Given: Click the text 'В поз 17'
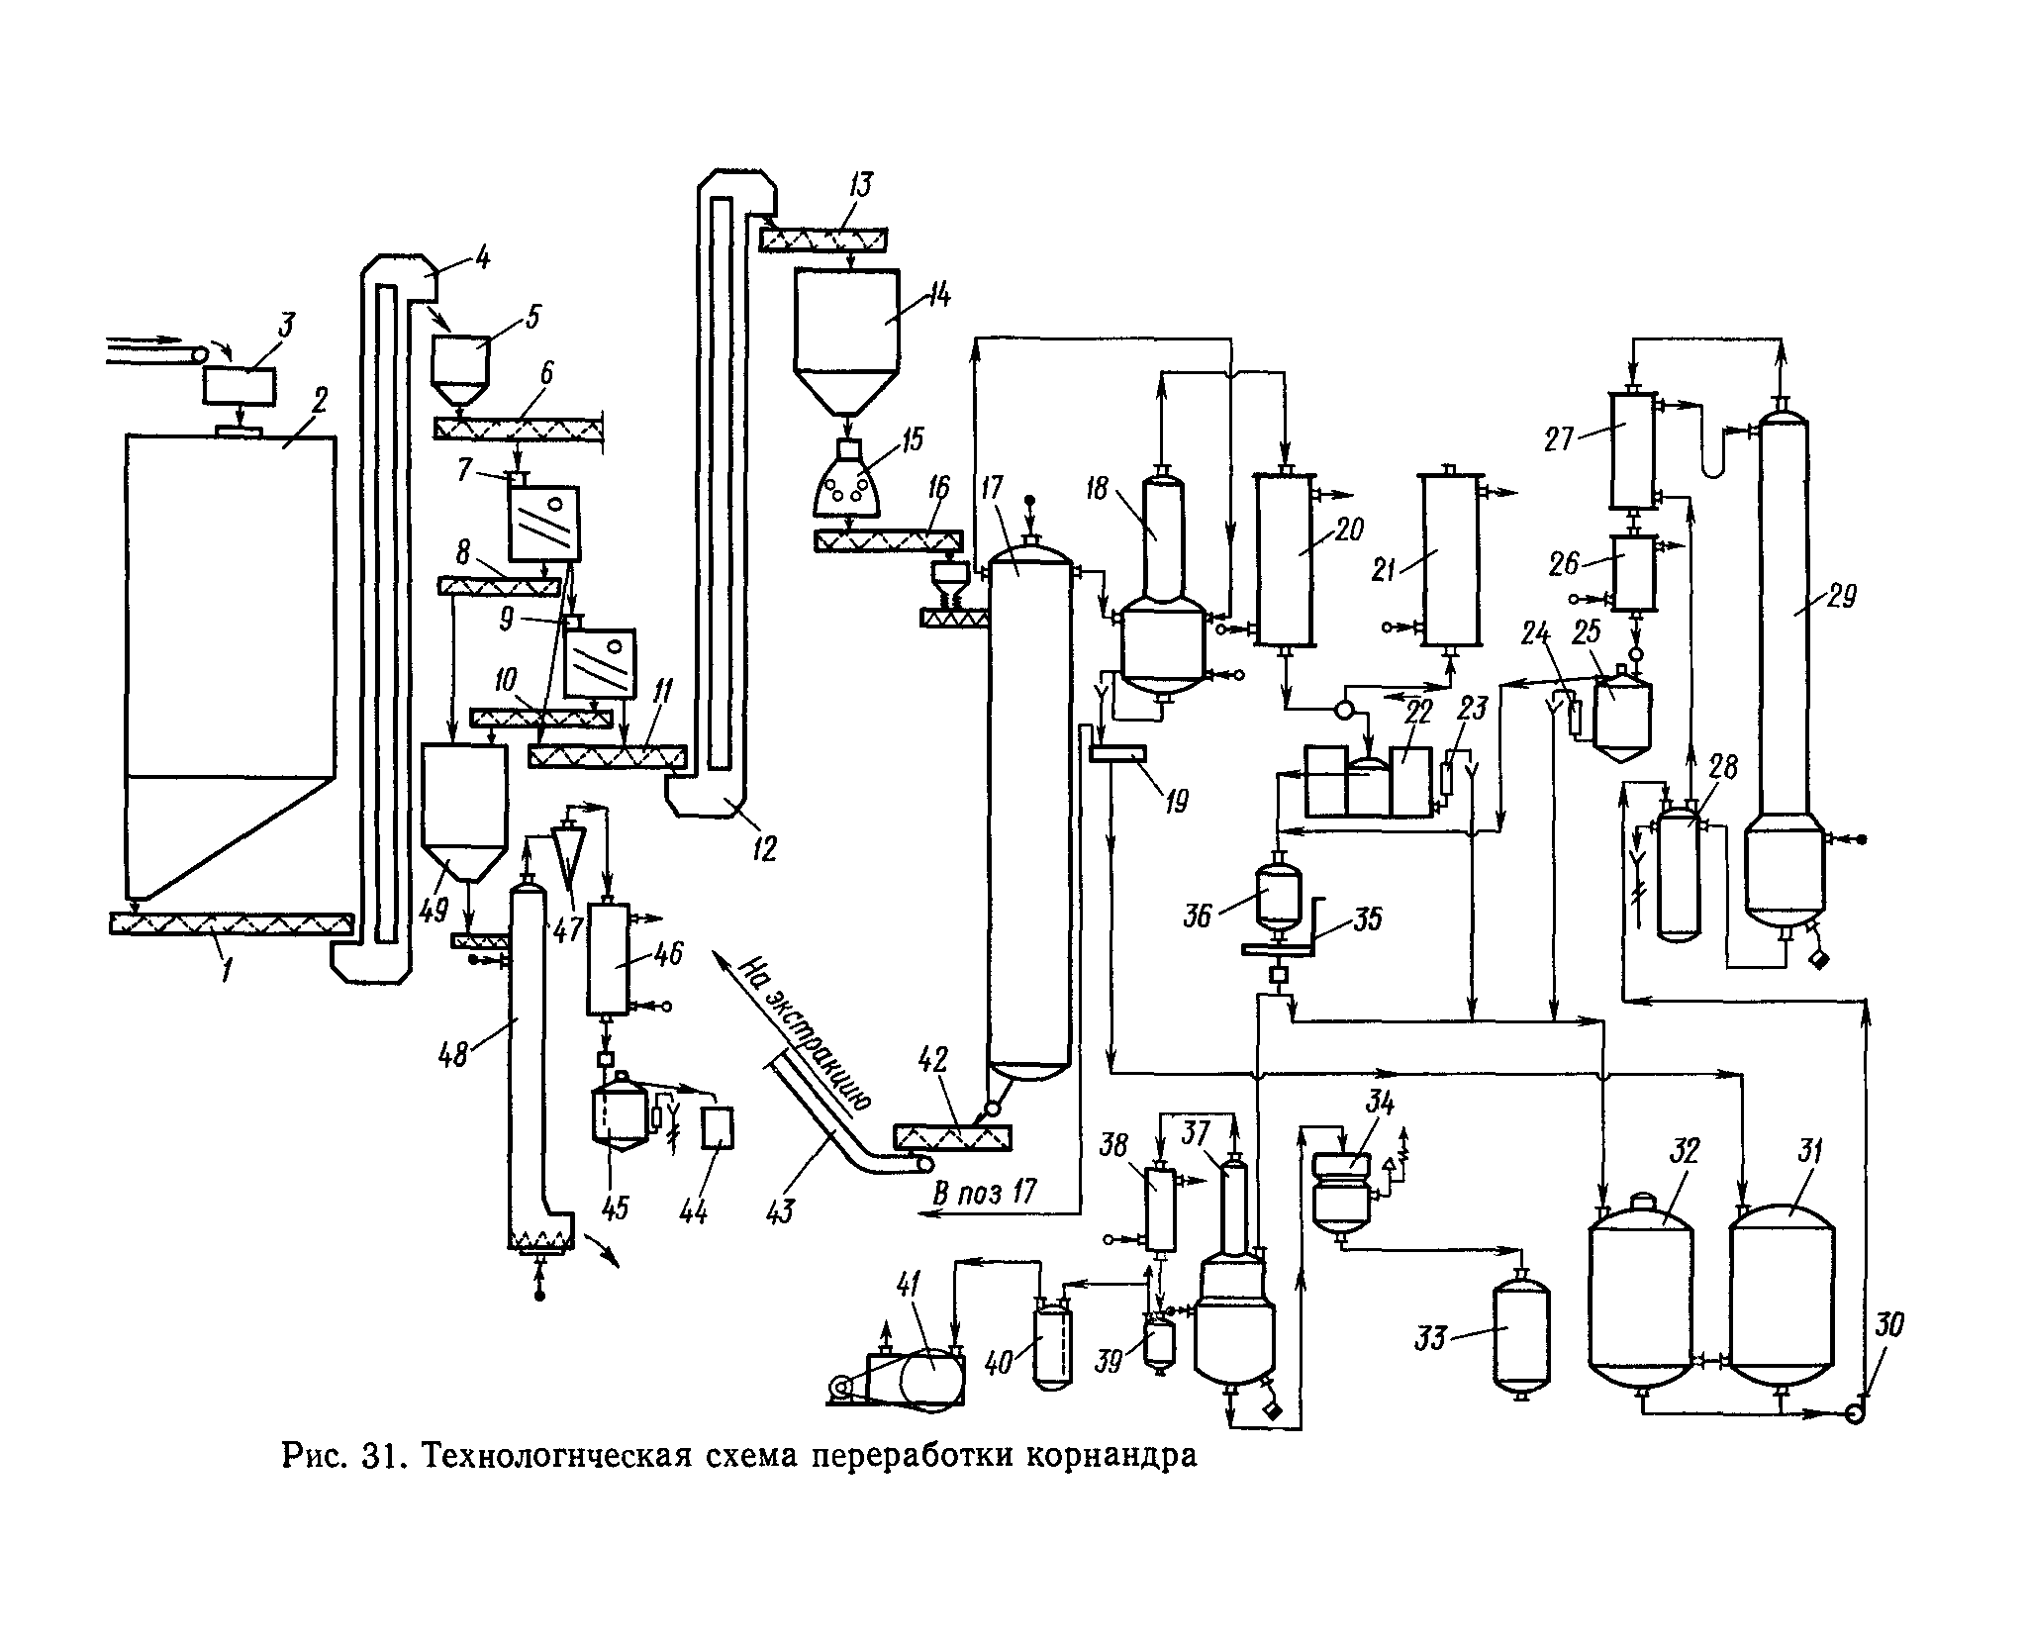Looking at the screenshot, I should coord(984,1192).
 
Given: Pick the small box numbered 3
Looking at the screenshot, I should coord(240,385).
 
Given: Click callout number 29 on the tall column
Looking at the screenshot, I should coord(1842,597).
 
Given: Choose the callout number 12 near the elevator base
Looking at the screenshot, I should coord(763,847).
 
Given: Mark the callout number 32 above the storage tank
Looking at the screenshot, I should coord(1685,1152).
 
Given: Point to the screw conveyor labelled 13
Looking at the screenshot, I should coord(823,239).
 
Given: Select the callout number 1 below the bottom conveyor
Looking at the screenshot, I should coord(227,971).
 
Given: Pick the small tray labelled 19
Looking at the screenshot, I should coord(1116,754).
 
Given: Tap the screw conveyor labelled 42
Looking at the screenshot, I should coord(951,1137).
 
